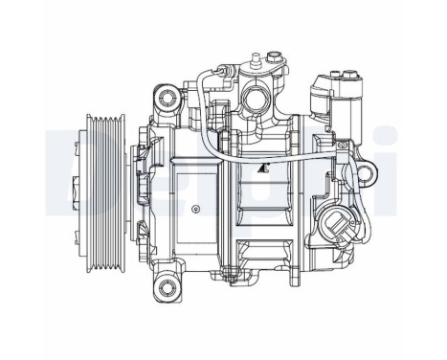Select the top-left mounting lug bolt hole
click(169, 97)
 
